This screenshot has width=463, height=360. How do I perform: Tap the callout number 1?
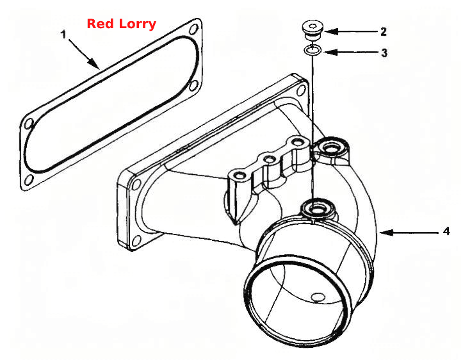(63, 35)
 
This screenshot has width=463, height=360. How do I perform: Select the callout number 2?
(384, 31)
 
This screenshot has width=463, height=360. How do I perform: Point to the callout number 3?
(384, 53)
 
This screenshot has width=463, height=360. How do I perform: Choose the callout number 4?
(446, 231)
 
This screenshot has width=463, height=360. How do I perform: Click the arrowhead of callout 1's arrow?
(95, 63)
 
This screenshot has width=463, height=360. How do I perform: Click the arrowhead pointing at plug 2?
(330, 31)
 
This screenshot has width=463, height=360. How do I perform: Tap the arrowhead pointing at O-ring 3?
(330, 53)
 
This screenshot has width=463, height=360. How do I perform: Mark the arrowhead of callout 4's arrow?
(386, 233)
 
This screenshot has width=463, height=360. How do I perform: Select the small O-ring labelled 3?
(313, 51)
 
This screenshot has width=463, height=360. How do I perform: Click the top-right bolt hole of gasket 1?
(193, 30)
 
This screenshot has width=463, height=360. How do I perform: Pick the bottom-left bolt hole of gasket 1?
(29, 180)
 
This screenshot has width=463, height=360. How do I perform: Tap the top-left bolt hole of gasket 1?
(29, 124)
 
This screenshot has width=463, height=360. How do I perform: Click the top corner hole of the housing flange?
(301, 90)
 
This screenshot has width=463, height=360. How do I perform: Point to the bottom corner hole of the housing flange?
(136, 240)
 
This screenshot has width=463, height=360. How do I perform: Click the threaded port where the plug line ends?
(318, 209)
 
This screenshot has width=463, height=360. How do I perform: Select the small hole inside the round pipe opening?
(318, 297)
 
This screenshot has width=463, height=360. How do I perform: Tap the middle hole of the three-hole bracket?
(269, 160)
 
